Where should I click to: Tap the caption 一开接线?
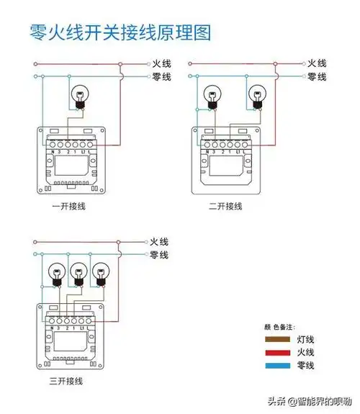pos(68,206)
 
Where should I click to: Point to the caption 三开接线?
pos(68,378)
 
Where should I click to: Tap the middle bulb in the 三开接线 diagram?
pos(79,273)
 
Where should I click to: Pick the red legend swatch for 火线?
pos(277,353)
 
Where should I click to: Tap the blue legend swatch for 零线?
pos(277,366)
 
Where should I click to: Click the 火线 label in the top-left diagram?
pos(161,64)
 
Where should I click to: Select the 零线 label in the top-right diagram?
pos(317,76)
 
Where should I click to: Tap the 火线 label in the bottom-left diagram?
pos(159,243)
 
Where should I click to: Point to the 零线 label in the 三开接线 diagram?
pos(159,256)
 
